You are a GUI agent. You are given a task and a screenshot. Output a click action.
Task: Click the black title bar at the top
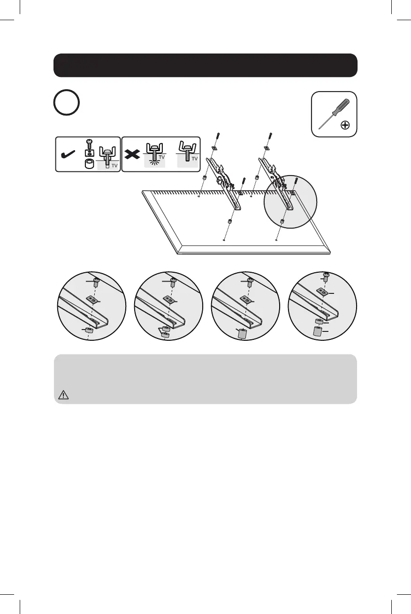point(205,65)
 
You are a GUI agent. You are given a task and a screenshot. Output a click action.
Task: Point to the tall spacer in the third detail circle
point(243,334)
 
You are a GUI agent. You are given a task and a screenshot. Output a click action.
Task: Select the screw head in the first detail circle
point(96,282)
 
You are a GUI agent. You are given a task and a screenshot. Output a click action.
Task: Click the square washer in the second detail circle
point(169,299)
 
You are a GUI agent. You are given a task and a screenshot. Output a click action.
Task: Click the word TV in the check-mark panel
point(114,165)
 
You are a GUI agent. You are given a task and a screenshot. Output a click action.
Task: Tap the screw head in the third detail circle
point(250,282)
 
